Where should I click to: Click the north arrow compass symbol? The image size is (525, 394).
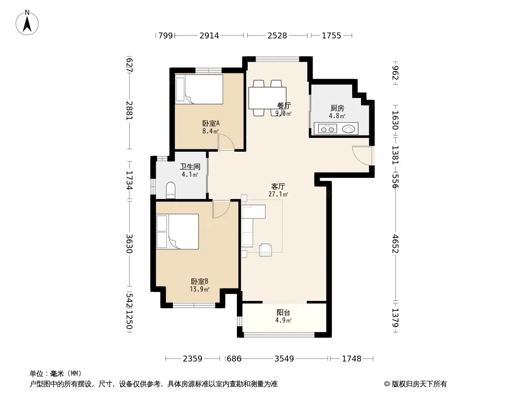click(x=27, y=23)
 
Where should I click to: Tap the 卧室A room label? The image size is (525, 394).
click(x=211, y=123)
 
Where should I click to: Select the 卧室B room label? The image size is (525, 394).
click(x=199, y=282)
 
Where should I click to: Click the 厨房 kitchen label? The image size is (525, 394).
click(x=337, y=108)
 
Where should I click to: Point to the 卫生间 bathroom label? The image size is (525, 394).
click(x=190, y=166)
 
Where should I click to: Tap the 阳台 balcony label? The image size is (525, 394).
click(x=283, y=313)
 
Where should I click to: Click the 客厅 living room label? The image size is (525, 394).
click(x=278, y=186)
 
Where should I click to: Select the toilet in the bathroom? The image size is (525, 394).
click(x=171, y=190)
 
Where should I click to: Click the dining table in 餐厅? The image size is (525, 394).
click(x=267, y=98)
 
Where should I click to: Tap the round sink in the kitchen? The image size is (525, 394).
click(x=349, y=129)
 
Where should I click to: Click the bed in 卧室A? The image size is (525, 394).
click(x=199, y=89)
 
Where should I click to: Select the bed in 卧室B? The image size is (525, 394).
click(x=178, y=231)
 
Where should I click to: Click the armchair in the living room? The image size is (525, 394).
click(x=265, y=250)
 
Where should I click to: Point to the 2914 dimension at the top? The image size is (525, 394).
click(x=209, y=35)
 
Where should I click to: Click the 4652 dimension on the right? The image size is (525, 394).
click(x=395, y=244)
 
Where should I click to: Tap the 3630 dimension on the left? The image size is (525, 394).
click(x=129, y=244)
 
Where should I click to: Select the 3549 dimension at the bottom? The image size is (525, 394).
click(x=284, y=359)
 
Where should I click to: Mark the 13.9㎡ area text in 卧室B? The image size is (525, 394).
click(x=199, y=289)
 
